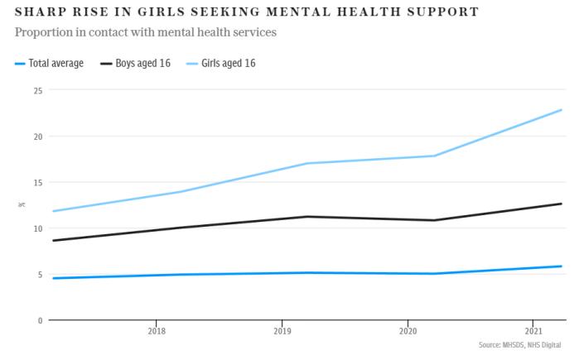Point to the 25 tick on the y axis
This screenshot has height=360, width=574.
(x=37, y=90)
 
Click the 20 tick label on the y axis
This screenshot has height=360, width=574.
(x=37, y=136)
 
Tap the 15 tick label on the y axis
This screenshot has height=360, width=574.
(x=37, y=182)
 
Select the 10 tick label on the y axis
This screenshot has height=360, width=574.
(x=37, y=228)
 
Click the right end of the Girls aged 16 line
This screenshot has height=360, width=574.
(x=562, y=110)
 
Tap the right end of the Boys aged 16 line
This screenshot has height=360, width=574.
(x=562, y=204)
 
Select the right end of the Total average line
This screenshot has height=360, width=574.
(x=562, y=266)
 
